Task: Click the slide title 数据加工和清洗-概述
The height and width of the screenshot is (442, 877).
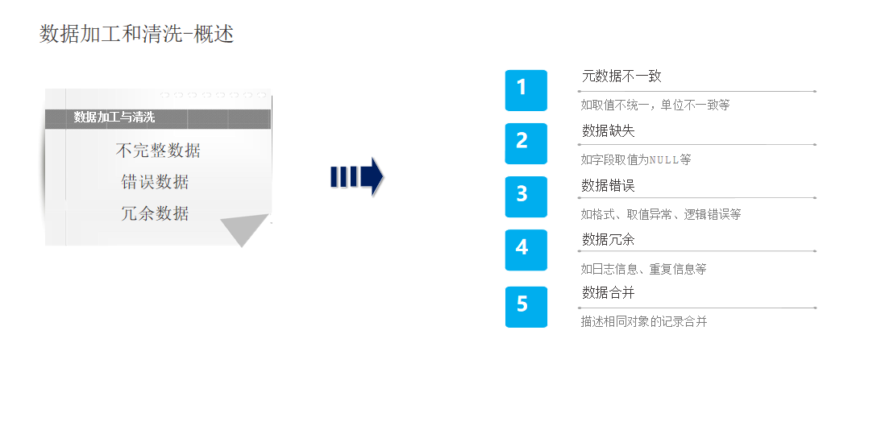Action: pyautogui.click(x=136, y=34)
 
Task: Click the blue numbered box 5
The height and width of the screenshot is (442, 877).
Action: pyautogui.click(x=526, y=307)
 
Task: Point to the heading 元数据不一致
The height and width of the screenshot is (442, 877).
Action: pyautogui.click(x=621, y=76)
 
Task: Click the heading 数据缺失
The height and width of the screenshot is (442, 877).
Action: pyautogui.click(x=608, y=130)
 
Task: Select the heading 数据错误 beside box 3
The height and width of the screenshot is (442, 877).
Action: pyautogui.click(x=608, y=185)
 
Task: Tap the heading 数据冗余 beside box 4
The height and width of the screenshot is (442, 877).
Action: pyautogui.click(x=608, y=239)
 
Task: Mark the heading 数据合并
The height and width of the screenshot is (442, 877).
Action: pyautogui.click(x=608, y=293)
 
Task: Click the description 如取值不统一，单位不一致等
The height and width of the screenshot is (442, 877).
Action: pyautogui.click(x=655, y=105)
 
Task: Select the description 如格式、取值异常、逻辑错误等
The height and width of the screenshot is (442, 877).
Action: pyautogui.click(x=660, y=214)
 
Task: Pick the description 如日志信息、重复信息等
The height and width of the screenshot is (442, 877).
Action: pyautogui.click(x=642, y=269)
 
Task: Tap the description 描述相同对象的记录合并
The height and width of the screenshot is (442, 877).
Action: pyautogui.click(x=643, y=321)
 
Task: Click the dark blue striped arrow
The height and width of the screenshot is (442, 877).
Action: pyautogui.click(x=356, y=177)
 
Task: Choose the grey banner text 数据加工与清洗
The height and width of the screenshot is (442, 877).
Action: pyautogui.click(x=114, y=118)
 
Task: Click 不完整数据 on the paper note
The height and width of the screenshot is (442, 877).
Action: pyautogui.click(x=158, y=151)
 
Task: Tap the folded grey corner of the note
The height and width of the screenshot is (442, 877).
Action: pyautogui.click(x=245, y=230)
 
